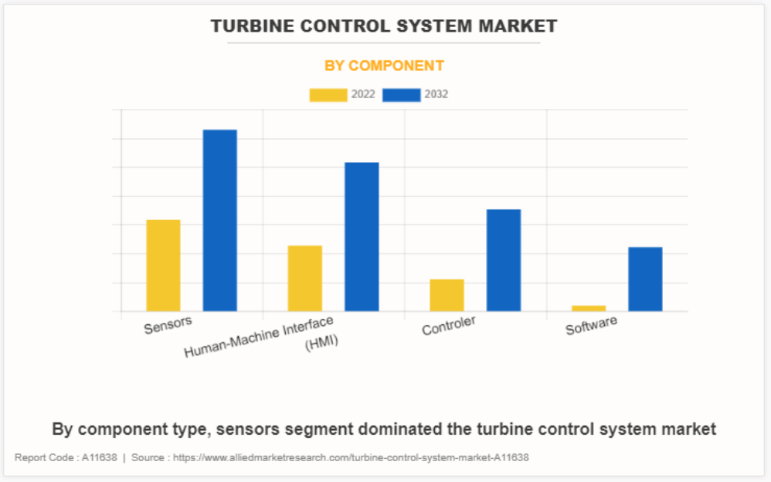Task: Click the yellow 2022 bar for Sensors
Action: (x=163, y=266)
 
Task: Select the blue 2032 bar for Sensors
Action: (x=219, y=220)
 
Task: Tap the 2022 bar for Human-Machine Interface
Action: (x=304, y=278)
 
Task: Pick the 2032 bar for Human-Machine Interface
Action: (x=362, y=236)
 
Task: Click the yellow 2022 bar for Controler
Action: (x=447, y=295)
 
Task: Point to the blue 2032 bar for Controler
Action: (x=503, y=260)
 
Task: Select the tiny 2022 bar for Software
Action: (x=589, y=308)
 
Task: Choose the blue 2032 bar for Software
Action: (x=645, y=279)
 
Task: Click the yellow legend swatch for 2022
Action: (x=328, y=95)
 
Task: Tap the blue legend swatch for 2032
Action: (x=402, y=95)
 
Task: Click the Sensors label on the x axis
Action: (x=168, y=324)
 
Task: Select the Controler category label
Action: (x=449, y=326)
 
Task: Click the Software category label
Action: (x=591, y=326)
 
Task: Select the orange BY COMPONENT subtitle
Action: (x=384, y=66)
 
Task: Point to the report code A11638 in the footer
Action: (x=100, y=457)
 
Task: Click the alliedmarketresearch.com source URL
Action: (x=351, y=457)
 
